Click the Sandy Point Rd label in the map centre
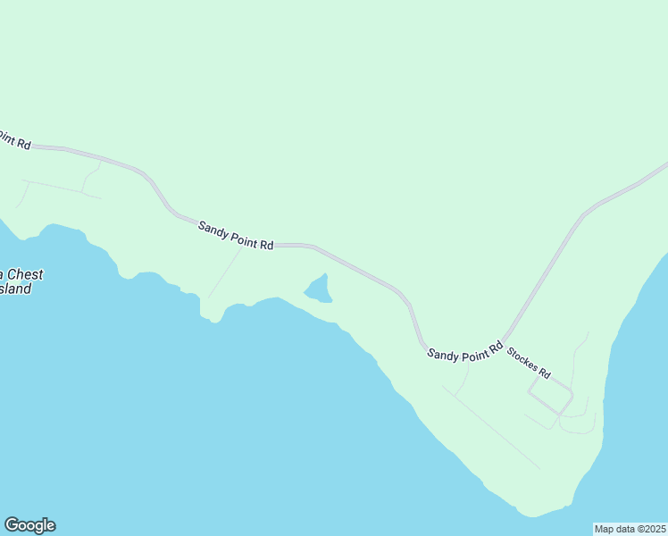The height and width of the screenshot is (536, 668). [x=236, y=236]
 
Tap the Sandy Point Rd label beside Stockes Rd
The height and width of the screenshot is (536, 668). [x=464, y=350]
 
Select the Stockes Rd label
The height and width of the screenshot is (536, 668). [x=529, y=363]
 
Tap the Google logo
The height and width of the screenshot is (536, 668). [x=29, y=525]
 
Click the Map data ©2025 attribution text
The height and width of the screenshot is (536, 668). [x=630, y=529]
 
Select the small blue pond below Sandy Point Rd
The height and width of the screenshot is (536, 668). [x=318, y=290]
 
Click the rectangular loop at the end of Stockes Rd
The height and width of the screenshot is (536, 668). [x=550, y=393]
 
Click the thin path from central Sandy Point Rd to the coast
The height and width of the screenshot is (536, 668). [x=224, y=273]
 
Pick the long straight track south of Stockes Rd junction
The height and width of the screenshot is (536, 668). [x=491, y=428]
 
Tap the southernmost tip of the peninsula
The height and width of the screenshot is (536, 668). [x=532, y=515]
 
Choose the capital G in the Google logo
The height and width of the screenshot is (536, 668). [x=13, y=525]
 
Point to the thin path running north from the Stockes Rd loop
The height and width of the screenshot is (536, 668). [x=574, y=357]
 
